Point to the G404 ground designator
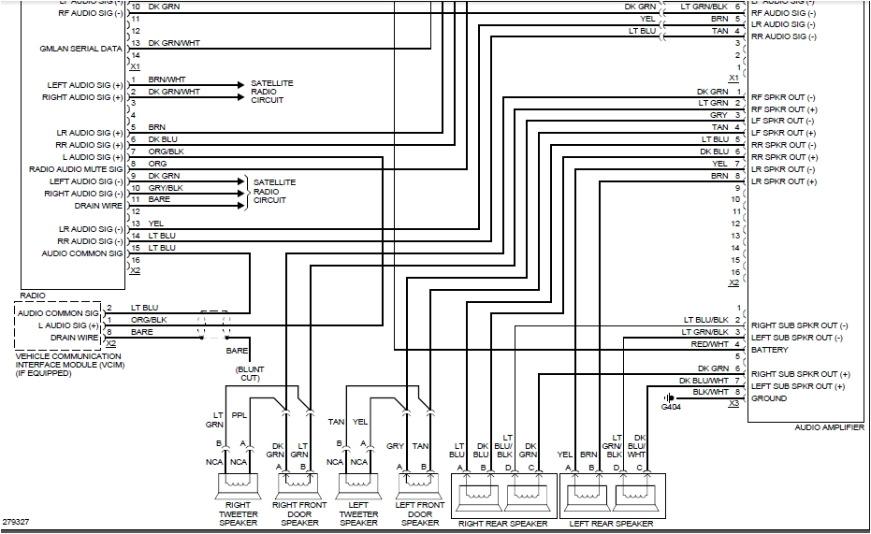tap(672, 408)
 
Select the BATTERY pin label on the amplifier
tap(769, 350)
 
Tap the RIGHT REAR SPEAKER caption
tap(501, 523)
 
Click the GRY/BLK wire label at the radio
tap(166, 188)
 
